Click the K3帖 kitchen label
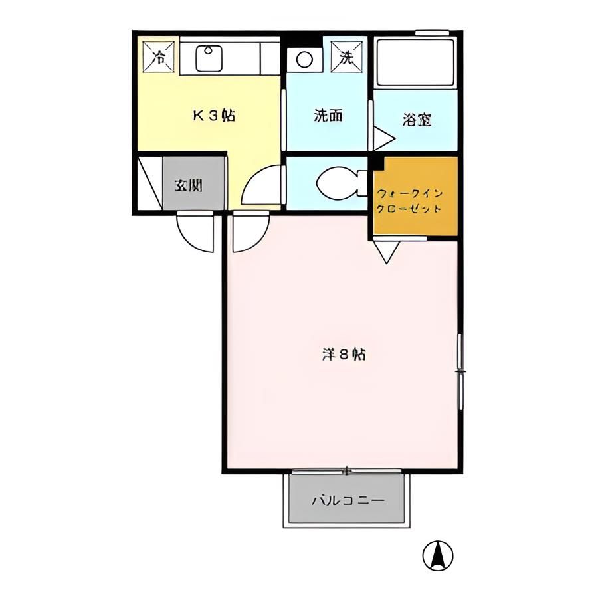tap(214, 115)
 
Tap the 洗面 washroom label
tap(328, 115)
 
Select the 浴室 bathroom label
tap(417, 120)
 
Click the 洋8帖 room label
tap(344, 354)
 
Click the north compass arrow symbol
tap(437, 555)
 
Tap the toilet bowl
tap(336, 183)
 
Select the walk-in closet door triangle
tap(386, 250)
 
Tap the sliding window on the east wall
tap(460, 371)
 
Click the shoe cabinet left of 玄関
tap(149, 183)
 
